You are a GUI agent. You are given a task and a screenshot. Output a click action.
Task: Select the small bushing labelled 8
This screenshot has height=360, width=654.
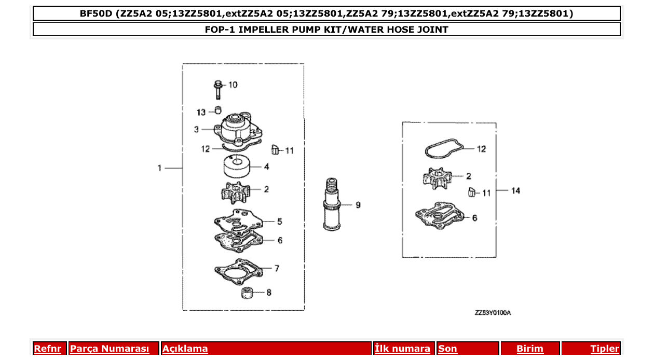coord(248,293)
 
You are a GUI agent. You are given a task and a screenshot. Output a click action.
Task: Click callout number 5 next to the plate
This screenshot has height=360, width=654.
coord(279,221)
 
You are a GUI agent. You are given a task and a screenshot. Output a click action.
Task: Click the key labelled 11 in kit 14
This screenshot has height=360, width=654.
coord(471,192)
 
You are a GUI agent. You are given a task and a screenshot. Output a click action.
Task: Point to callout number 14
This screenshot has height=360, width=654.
coord(515,190)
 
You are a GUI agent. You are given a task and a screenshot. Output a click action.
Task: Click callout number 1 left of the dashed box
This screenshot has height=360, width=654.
coord(160,168)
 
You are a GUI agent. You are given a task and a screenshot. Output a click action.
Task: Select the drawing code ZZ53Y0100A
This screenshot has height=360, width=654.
coord(493,313)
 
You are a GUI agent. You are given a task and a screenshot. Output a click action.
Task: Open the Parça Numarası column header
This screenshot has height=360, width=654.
coord(110,349)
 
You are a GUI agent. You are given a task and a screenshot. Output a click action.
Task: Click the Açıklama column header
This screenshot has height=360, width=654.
coord(185,349)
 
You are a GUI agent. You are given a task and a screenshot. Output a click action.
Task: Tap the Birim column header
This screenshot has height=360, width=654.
coord(529,349)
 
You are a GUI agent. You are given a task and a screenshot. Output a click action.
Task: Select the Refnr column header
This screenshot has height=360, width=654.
coord(48,349)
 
